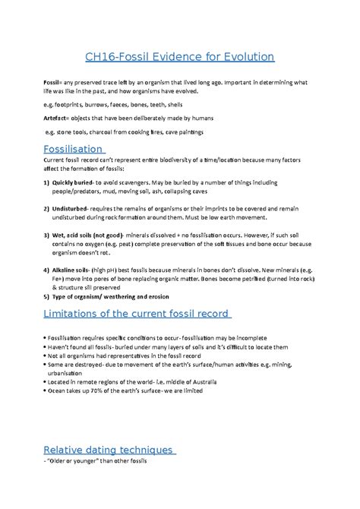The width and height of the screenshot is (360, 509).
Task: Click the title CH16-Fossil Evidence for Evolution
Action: [179, 57]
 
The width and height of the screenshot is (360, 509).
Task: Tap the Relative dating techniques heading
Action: [109, 449]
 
